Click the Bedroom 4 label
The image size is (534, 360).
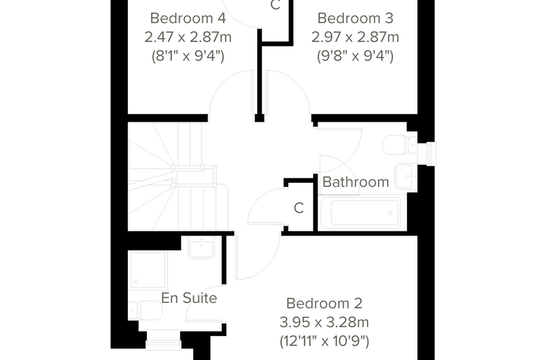188,18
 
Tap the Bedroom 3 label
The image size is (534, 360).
356,18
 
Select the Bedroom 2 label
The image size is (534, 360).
324,304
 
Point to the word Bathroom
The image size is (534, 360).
356,182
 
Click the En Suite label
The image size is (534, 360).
189,298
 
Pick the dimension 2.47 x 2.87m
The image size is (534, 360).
188,37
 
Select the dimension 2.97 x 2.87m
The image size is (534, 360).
356,37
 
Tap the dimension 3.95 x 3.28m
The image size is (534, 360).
324,322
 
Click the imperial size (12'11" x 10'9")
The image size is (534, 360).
324,341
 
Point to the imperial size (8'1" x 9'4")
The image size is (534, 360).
188,56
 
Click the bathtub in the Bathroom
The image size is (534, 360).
360,213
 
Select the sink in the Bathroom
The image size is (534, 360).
406,176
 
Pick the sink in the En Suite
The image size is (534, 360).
202,247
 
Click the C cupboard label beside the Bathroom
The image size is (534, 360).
299,208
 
